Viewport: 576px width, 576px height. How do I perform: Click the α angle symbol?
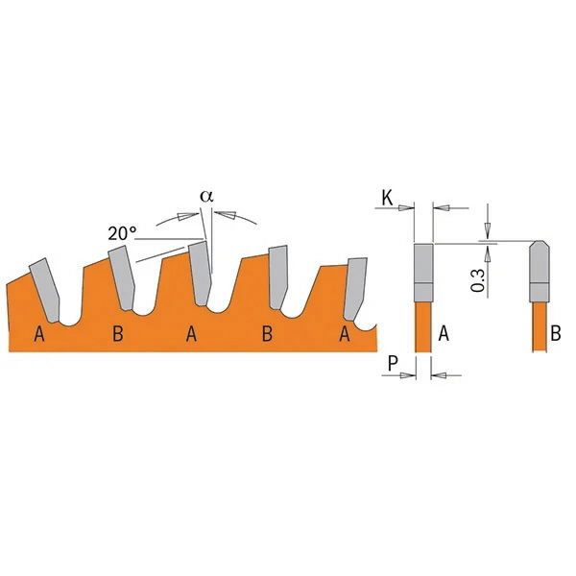(x=206, y=196)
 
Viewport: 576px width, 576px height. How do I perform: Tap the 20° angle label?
(x=122, y=233)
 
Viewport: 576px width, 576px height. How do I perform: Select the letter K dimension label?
(x=387, y=198)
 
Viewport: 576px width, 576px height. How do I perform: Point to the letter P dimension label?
(x=393, y=364)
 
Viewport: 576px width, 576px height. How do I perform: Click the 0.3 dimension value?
(x=478, y=280)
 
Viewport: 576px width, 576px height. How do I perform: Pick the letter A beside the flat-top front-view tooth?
(x=444, y=333)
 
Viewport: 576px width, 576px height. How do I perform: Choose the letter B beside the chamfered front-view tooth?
(x=556, y=333)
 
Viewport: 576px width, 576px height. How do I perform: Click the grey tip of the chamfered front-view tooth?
(x=540, y=272)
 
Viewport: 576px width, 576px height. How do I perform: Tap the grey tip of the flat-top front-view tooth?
(x=423, y=273)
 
